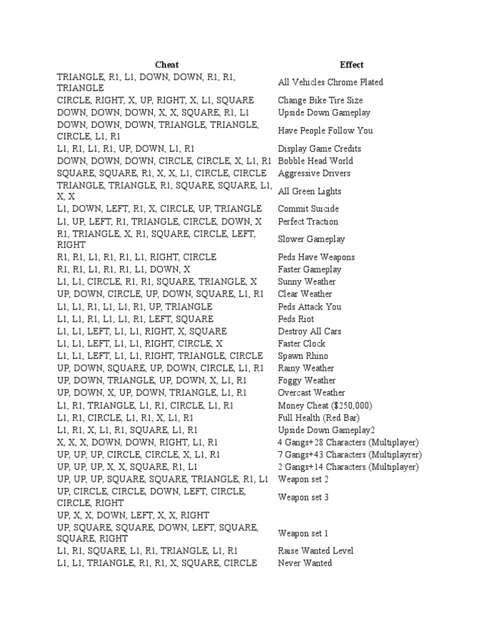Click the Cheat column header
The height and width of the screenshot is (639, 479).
[x=167, y=65]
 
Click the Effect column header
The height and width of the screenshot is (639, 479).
[x=352, y=65]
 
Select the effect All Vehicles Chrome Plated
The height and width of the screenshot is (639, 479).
[x=331, y=82]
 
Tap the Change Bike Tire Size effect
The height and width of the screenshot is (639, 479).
[x=320, y=100]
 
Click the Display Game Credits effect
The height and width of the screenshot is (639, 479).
[x=319, y=149]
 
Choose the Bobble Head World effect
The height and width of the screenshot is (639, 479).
[x=315, y=161]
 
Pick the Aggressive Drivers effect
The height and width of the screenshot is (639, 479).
[x=314, y=173]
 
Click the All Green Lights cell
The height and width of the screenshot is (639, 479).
[x=309, y=192]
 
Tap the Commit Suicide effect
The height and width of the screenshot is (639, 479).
[x=309, y=209]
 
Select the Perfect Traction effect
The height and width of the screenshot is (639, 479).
[x=308, y=222]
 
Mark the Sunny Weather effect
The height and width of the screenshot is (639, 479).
[x=307, y=282]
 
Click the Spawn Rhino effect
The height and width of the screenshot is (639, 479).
[x=303, y=356]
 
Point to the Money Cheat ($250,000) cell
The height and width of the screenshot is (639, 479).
[x=325, y=406]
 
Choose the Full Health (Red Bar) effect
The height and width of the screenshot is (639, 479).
[x=319, y=417]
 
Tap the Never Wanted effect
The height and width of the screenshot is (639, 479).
[x=305, y=563]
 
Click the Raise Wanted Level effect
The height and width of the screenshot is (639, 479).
[x=316, y=551]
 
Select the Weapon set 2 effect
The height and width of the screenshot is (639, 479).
[x=303, y=479]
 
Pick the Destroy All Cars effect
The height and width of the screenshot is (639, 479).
[x=309, y=331]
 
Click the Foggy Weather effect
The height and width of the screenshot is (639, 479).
[x=307, y=381]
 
